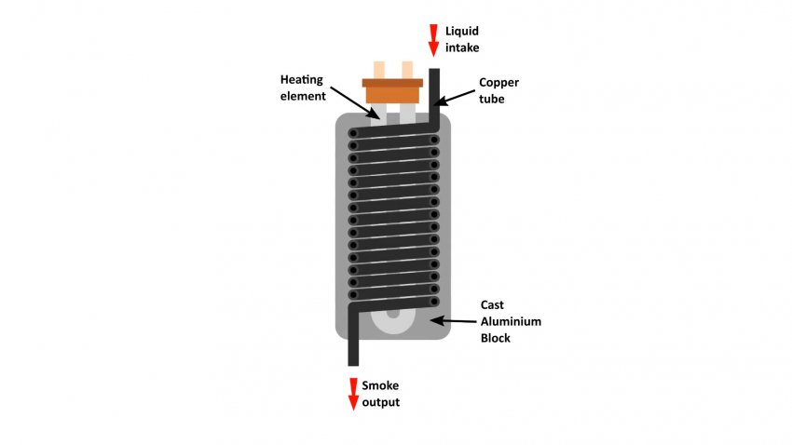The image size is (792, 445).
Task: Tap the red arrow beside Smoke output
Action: tap(353, 393)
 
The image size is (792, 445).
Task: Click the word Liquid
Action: tap(463, 31)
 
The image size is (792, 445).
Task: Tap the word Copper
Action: tap(498, 83)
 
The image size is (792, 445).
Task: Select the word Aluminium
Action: tap(511, 321)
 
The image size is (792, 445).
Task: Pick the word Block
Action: tap(496, 337)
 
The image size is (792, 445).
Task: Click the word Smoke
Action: tap(382, 386)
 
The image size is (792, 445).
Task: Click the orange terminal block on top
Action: tap(392, 91)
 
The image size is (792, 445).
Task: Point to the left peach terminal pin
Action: tap(378, 69)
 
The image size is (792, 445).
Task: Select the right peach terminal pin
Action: tap(406, 69)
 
